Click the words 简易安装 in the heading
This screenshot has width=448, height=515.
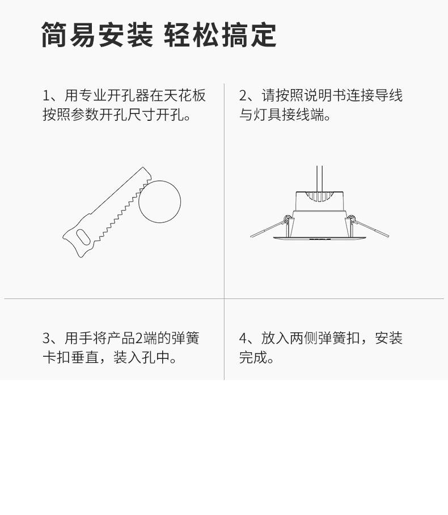tap(98, 35)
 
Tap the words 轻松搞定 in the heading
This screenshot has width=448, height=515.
tap(220, 35)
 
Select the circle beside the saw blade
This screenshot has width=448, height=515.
tap(159, 202)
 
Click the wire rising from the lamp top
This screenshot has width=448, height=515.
tap(319, 179)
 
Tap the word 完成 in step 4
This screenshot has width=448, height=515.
tap(253, 357)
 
